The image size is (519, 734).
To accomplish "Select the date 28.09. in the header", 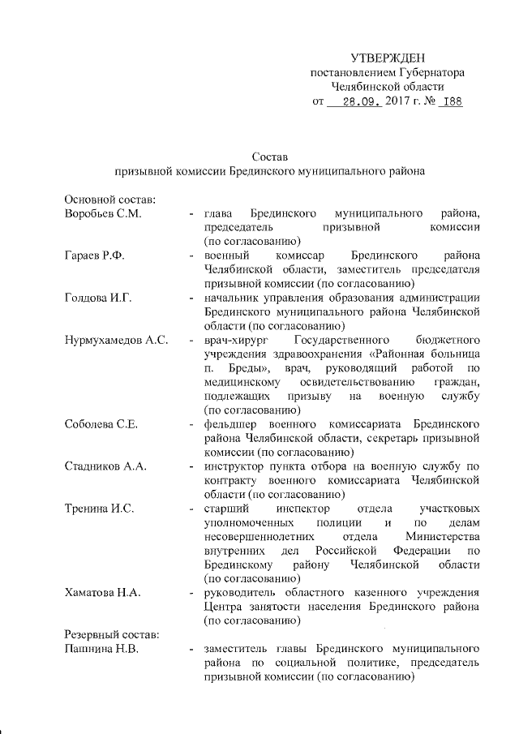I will tap(359, 103).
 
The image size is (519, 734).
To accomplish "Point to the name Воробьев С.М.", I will tap(102, 213).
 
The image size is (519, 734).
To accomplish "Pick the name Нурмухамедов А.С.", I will tap(116, 340).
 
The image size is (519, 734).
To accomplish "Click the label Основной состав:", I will tap(109, 199).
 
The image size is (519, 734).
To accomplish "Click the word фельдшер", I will tap(230, 424).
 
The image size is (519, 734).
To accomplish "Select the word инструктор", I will tap(237, 466).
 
